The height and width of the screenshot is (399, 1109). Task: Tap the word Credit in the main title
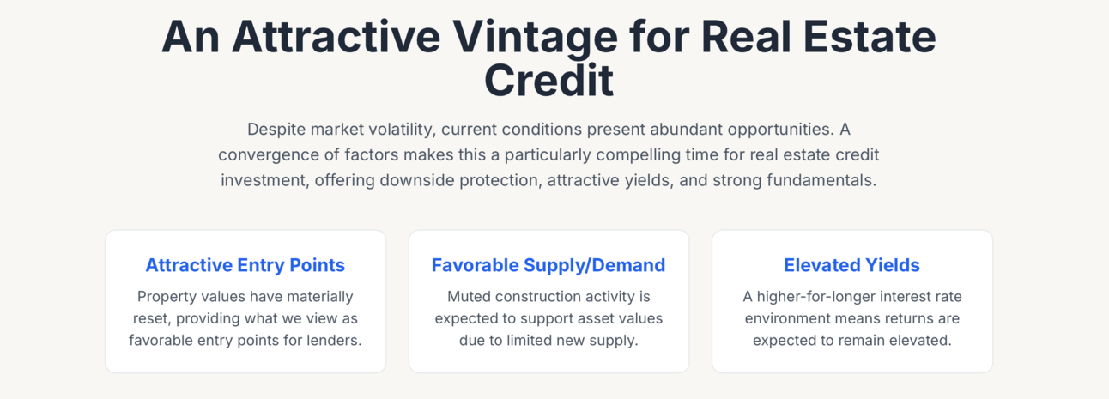click(548, 80)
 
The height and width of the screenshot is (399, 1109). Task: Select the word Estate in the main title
click(870, 37)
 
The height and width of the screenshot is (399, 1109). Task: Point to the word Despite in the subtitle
click(276, 130)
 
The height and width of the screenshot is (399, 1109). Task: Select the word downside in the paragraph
click(416, 180)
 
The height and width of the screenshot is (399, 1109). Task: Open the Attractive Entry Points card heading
click(245, 265)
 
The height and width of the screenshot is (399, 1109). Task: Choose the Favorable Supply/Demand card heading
click(548, 265)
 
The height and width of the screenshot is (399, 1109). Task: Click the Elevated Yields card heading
click(852, 265)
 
